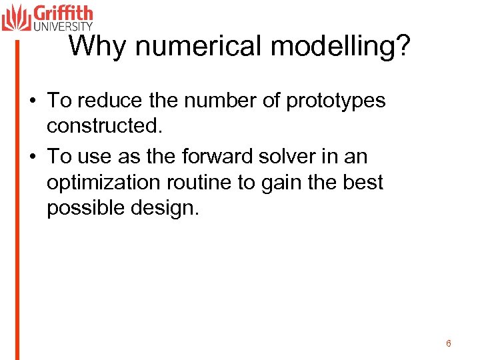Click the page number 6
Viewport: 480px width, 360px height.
tap(449, 343)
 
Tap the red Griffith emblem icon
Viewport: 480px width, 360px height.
tap(16, 17)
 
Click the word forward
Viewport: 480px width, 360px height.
tap(229, 157)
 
